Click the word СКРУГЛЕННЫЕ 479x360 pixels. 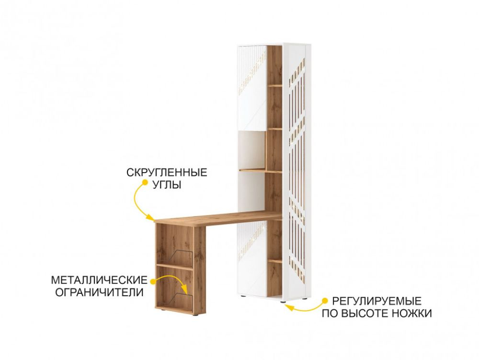point(167,173)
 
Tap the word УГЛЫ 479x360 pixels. point(167,185)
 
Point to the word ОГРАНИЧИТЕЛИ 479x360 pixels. point(99,292)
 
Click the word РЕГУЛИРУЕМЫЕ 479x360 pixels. point(376,301)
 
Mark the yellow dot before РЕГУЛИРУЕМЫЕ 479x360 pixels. point(326,301)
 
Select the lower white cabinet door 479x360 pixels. point(252,260)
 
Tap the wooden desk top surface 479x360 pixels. point(218,218)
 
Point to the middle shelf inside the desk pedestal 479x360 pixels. point(174,266)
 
